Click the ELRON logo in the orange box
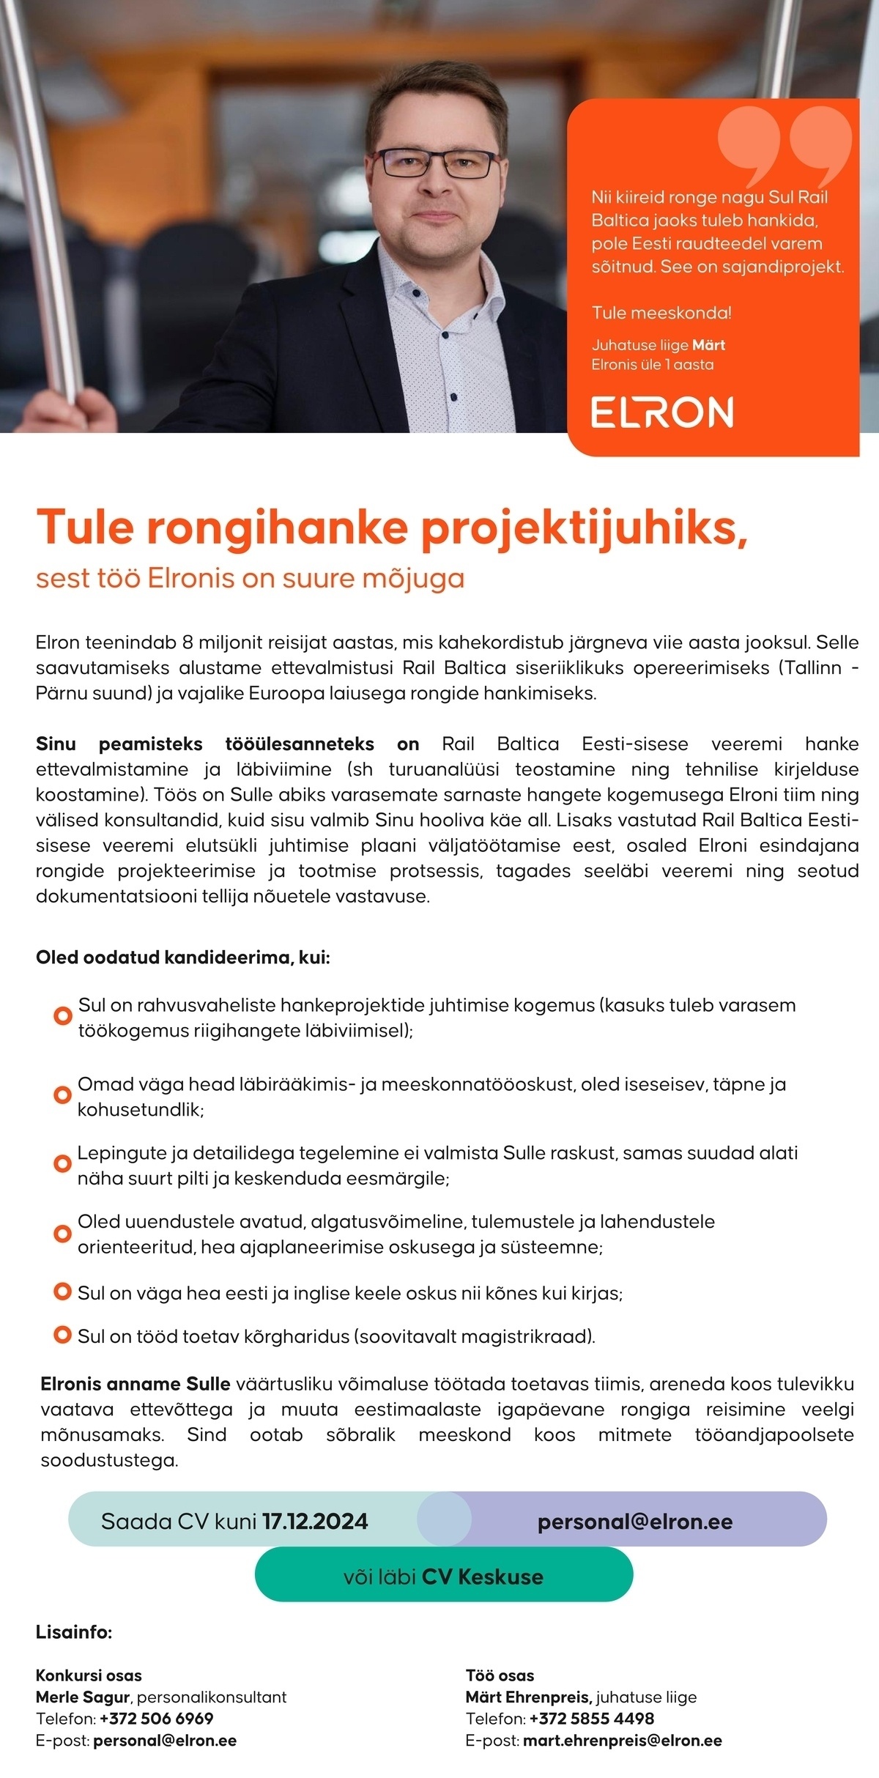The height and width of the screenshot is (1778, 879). click(x=662, y=412)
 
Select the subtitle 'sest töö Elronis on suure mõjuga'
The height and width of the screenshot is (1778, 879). click(x=250, y=578)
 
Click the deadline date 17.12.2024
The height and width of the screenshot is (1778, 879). click(x=315, y=1522)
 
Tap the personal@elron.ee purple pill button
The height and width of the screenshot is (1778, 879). click(x=634, y=1522)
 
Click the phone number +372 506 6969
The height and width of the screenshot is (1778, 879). click(x=156, y=1718)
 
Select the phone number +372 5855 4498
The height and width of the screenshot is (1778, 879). click(x=591, y=1718)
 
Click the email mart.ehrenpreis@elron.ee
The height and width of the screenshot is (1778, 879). click(x=622, y=1740)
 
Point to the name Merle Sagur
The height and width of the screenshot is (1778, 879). click(x=83, y=1697)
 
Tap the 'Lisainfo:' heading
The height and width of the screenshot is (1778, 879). click(x=74, y=1632)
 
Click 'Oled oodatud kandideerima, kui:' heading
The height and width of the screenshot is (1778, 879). click(x=183, y=957)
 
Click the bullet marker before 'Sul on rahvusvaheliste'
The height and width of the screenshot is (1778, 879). click(x=63, y=1016)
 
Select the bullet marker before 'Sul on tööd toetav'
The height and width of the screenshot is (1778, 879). click(x=63, y=1335)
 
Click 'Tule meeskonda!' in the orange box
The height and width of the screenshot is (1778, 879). click(x=661, y=313)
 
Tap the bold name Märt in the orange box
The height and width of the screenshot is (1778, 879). click(x=708, y=345)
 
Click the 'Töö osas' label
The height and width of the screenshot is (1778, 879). click(x=500, y=1675)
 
